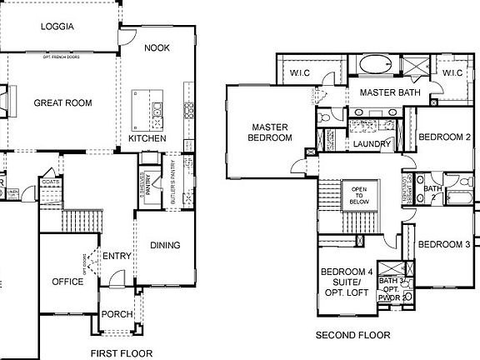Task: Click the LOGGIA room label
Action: pos(57,27)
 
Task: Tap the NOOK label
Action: pos(157,47)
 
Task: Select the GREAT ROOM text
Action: pos(62,103)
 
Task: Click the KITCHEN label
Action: pos(147,138)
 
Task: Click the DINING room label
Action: pos(165,245)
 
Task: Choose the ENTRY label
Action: pos(116,256)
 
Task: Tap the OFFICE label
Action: pos(67,282)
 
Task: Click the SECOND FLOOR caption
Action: pos(352,335)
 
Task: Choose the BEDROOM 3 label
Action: pos(443,244)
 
